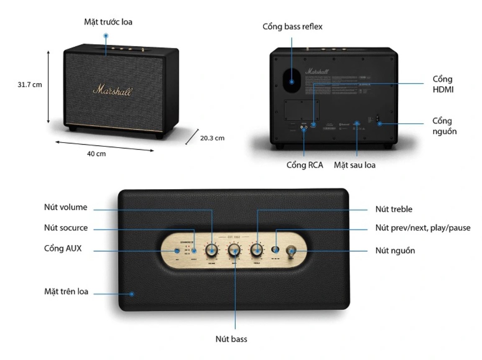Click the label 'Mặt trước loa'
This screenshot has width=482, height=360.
108,22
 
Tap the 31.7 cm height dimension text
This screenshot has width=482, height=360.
30,84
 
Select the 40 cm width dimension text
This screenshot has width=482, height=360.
96,153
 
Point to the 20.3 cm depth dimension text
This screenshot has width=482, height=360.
211,138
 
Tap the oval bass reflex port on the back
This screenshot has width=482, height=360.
292,79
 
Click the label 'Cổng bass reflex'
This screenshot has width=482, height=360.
292,27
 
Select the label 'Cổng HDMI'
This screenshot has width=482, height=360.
443,84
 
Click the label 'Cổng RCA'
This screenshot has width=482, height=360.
305,165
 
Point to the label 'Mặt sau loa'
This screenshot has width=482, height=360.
354,165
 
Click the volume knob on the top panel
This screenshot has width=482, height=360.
212,250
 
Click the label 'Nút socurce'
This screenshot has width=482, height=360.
66,228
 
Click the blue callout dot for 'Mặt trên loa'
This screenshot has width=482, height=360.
132,294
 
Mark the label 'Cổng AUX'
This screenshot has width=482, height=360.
63,249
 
